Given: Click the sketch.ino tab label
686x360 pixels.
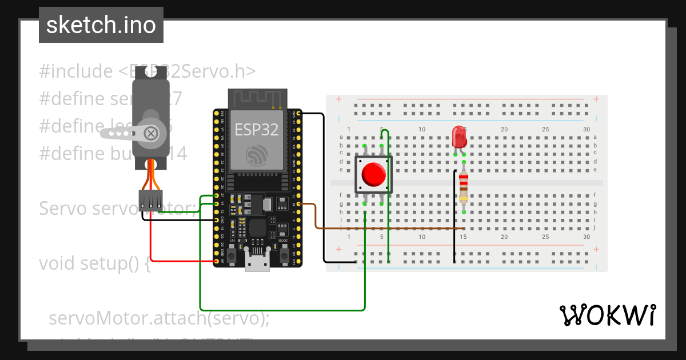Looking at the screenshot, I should tap(101, 25).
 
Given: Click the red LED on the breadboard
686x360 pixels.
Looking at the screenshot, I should tap(459, 137).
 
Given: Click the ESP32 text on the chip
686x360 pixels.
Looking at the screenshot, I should tap(257, 130).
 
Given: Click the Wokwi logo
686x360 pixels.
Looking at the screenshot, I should tap(607, 315).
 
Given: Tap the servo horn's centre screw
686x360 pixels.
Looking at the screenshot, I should tap(151, 133).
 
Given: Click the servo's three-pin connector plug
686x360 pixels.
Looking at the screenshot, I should tap(150, 199).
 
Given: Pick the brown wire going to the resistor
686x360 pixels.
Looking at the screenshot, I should tap(389, 229).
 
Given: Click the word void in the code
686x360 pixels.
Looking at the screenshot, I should tap(58, 264).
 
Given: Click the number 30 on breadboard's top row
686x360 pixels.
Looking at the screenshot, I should tap(587, 129).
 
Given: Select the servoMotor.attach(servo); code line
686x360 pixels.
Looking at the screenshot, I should tap(159, 318).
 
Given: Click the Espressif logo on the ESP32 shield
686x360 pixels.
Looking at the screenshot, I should tap(256, 155).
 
